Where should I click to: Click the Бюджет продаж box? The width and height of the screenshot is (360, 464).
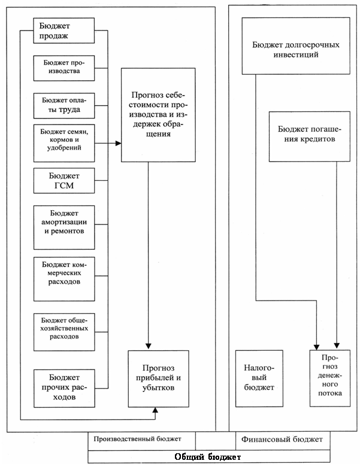click(x=63, y=31)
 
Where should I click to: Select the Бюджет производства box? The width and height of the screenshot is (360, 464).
click(x=63, y=68)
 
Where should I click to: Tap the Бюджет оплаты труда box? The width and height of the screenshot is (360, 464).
click(x=63, y=105)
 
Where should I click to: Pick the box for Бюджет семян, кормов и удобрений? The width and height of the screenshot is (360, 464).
click(x=63, y=143)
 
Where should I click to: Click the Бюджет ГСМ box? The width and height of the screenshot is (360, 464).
click(x=63, y=180)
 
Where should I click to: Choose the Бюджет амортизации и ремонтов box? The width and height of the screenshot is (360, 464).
click(x=63, y=228)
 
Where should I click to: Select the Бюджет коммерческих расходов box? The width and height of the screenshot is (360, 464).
click(x=63, y=279)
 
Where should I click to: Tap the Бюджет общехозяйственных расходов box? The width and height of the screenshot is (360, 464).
click(x=63, y=332)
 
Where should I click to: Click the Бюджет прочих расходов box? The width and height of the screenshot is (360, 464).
click(x=64, y=388)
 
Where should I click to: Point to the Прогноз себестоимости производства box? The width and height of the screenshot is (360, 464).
click(x=158, y=115)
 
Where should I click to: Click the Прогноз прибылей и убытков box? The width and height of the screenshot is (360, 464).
click(x=158, y=379)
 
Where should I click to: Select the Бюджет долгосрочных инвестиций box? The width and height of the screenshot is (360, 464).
click(x=296, y=46)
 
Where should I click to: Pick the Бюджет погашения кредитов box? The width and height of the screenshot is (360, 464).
click(x=309, y=137)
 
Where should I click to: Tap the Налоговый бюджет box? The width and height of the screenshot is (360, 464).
click(x=259, y=378)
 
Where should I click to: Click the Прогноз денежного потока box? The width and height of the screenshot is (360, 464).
click(x=330, y=378)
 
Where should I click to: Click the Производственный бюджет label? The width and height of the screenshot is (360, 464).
click(x=137, y=438)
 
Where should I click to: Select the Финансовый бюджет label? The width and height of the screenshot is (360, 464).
click(x=282, y=439)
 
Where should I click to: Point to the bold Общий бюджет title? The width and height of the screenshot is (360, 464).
click(x=207, y=457)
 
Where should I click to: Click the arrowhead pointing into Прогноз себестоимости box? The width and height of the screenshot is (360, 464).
click(x=118, y=143)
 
